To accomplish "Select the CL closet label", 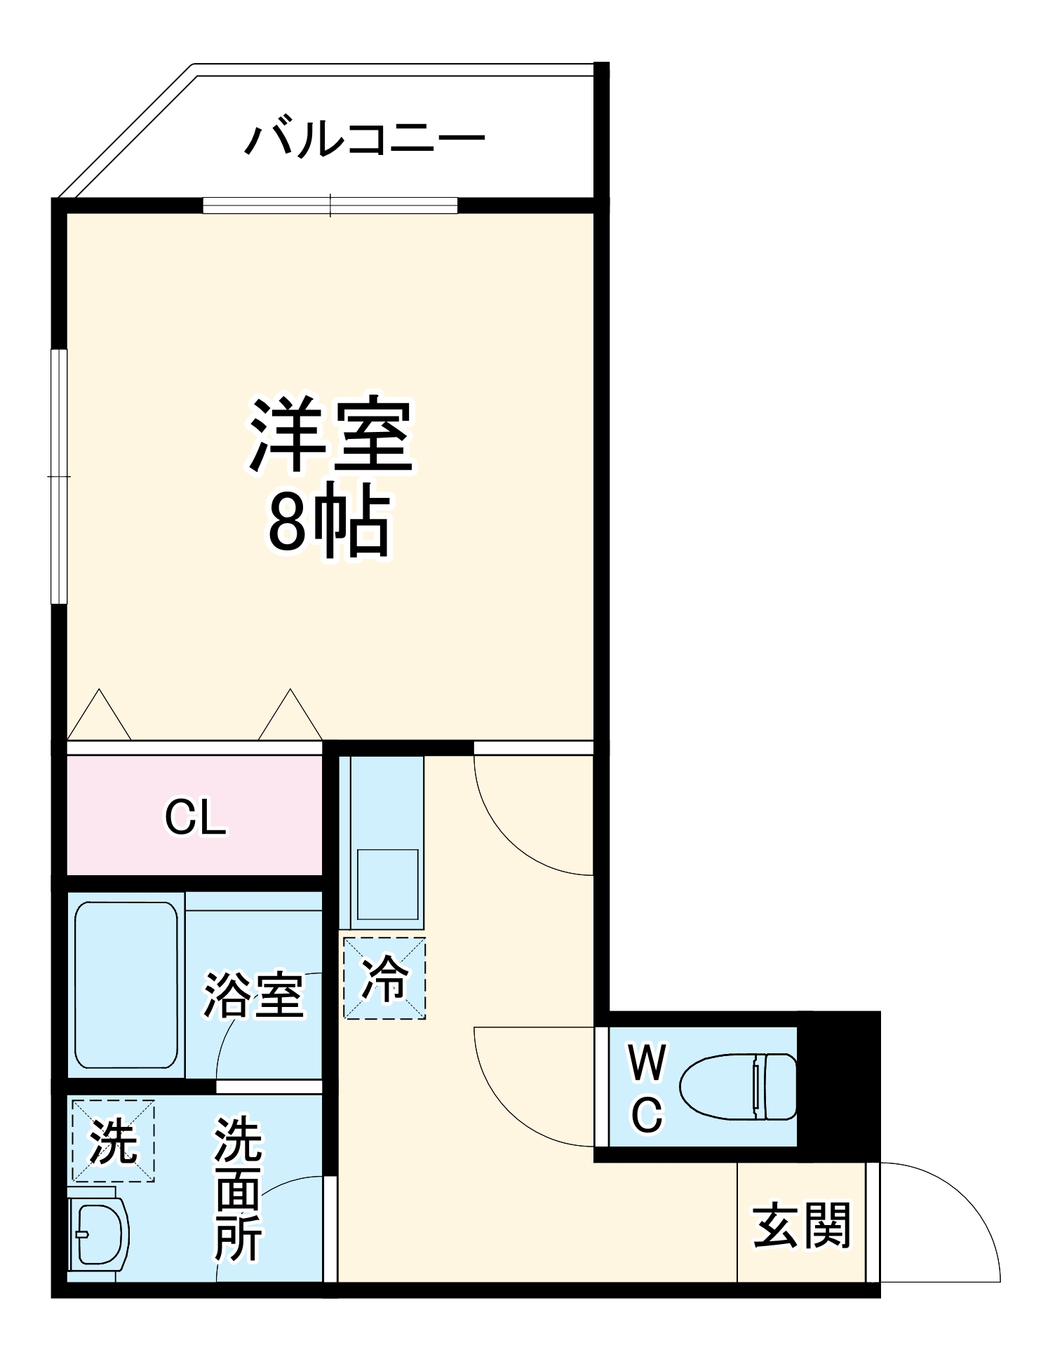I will click(x=195, y=817).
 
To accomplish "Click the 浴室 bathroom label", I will click(x=254, y=996).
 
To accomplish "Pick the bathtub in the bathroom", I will click(x=126, y=985).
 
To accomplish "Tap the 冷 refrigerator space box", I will click(x=384, y=978).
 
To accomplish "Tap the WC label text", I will click(x=647, y=1088).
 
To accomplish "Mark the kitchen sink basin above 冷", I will click(x=387, y=884).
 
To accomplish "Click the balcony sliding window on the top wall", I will click(x=330, y=205).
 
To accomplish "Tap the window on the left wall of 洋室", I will click(x=60, y=476).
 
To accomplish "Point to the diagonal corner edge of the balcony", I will click(x=126, y=130).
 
